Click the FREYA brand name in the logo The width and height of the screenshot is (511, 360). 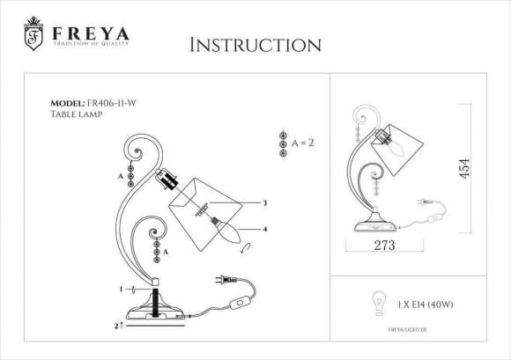click(90, 33)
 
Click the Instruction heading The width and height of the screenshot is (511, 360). click(255, 44)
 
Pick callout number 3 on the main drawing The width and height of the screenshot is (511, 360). click(263, 202)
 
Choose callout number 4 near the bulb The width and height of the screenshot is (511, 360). click(263, 231)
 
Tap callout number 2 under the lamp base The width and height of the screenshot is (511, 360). click(116, 325)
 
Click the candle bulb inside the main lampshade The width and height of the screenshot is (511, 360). click(228, 232)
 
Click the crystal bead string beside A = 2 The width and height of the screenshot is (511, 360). click(282, 144)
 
